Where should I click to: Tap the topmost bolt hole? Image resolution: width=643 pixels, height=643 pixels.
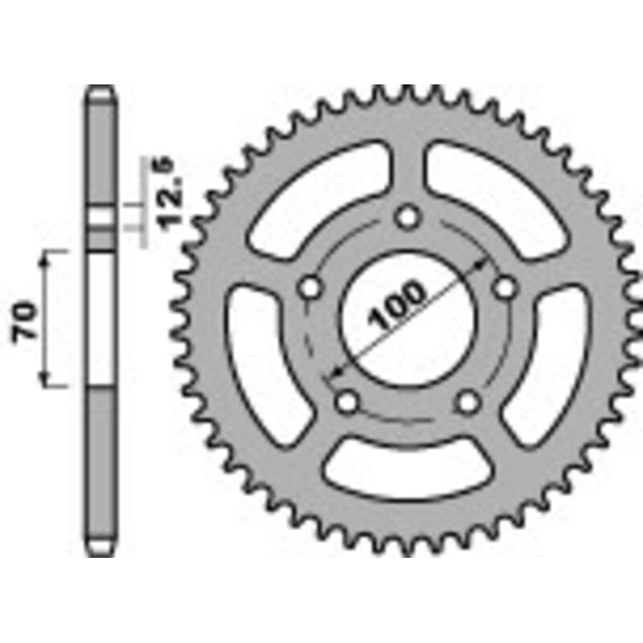click(x=408, y=216)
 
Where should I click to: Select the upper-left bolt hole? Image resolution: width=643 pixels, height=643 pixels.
click(x=309, y=288)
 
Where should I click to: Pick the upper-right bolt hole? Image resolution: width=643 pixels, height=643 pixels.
click(x=505, y=288)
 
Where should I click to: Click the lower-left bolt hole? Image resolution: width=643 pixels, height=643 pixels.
click(x=347, y=402)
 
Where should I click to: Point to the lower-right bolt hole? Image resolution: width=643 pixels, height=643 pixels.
click(x=468, y=402)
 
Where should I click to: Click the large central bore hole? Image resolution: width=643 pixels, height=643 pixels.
click(x=408, y=318)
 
